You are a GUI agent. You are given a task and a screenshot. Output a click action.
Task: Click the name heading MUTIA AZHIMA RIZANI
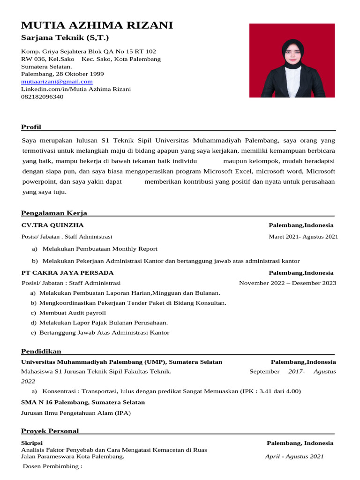pyautogui.click(x=97, y=25)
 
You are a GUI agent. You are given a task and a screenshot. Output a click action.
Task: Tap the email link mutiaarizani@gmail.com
pyautogui.click(x=57, y=82)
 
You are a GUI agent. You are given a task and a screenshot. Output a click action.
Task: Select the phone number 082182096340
pyautogui.click(x=42, y=97)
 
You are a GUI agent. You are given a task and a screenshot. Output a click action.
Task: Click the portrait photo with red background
pyautogui.click(x=292, y=60)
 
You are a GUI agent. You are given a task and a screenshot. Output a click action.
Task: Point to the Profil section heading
pyautogui.click(x=31, y=127)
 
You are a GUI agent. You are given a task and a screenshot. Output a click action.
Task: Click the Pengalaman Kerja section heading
pyautogui.click(x=54, y=213)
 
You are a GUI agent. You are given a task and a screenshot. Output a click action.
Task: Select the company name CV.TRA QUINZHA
pyautogui.click(x=52, y=225)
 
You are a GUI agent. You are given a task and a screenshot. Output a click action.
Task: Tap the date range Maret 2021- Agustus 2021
pyautogui.click(x=303, y=237)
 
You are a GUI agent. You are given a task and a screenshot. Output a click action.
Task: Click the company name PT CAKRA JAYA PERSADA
pyautogui.click(x=67, y=272)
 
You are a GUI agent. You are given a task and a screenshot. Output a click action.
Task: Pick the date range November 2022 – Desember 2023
pyautogui.click(x=287, y=283)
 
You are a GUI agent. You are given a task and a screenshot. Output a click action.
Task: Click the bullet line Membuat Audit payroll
pyautogui.click(x=73, y=313)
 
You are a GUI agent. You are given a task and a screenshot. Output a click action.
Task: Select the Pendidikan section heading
pyautogui.click(x=41, y=351)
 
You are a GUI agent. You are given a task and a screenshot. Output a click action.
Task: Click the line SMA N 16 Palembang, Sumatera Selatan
pyautogui.click(x=83, y=402)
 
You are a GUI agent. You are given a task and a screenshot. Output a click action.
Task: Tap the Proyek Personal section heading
pyautogui.click(x=50, y=431)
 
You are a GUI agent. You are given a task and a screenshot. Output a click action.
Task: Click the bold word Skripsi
pyautogui.click(x=32, y=443)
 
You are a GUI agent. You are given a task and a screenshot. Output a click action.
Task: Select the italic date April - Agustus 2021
pyautogui.click(x=294, y=456)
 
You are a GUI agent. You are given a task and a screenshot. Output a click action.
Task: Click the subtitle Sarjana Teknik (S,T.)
pyautogui.click(x=65, y=37)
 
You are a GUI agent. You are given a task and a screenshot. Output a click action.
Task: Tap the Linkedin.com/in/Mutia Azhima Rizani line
pyautogui.click(x=76, y=89)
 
